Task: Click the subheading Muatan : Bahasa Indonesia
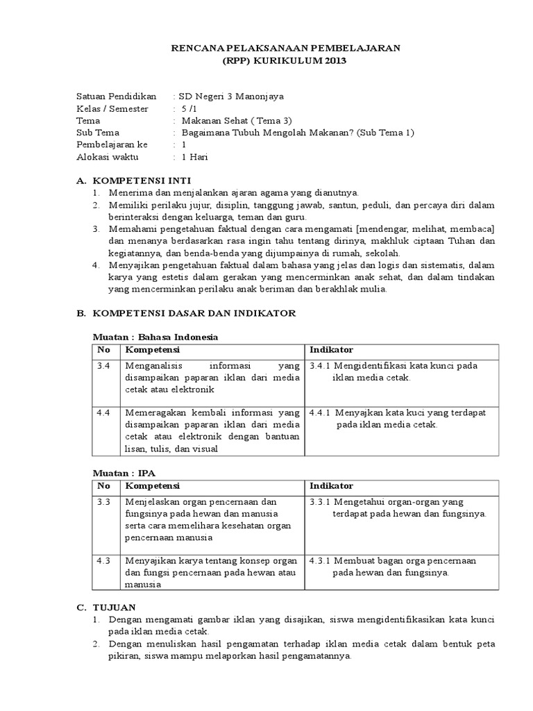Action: pyautogui.click(x=156, y=337)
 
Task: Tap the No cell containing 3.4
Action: pyautogui.click(x=104, y=365)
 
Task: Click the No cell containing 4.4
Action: pyautogui.click(x=104, y=412)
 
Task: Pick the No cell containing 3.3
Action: pyautogui.click(x=104, y=501)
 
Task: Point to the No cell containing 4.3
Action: pyautogui.click(x=104, y=560)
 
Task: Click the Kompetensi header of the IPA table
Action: pyautogui.click(x=152, y=485)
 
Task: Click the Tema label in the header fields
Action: pyautogui.click(x=88, y=120)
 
